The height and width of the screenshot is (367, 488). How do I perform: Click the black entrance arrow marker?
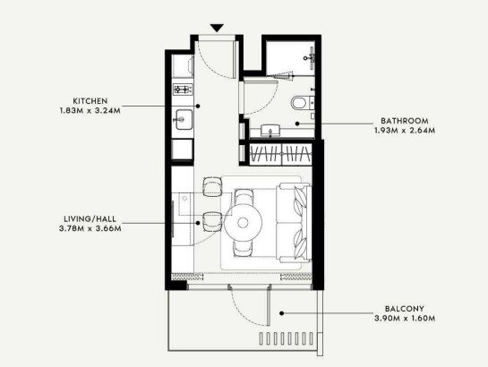pyautogui.click(x=217, y=28)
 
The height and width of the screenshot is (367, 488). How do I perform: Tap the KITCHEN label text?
pyautogui.click(x=90, y=101)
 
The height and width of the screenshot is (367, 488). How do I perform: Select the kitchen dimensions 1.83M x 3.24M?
pyautogui.click(x=90, y=111)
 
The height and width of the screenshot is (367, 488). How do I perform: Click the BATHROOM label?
pyautogui.click(x=405, y=121)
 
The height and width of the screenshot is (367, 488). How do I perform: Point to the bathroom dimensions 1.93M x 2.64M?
pyautogui.click(x=405, y=131)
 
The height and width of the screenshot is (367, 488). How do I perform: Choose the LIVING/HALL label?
pyautogui.click(x=90, y=218)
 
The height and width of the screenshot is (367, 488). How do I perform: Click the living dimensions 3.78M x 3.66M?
pyautogui.click(x=90, y=228)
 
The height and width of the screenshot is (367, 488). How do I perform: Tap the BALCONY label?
pyautogui.click(x=405, y=309)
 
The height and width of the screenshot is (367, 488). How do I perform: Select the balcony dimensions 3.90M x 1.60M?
pyautogui.click(x=405, y=319)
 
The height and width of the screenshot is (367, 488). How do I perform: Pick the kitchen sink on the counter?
pyautogui.click(x=184, y=119)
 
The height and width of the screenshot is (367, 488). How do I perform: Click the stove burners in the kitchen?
pyautogui.click(x=183, y=90)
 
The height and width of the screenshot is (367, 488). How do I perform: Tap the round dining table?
pyautogui.click(x=243, y=223)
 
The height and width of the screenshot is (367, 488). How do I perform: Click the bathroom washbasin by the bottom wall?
pyautogui.click(x=270, y=131)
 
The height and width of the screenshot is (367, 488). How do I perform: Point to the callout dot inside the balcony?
pyautogui.click(x=281, y=313)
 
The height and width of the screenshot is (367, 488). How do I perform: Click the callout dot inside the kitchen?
pyautogui.click(x=198, y=106)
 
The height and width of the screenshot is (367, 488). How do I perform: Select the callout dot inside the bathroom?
pyautogui.click(x=297, y=124)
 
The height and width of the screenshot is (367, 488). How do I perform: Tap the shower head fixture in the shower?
pyautogui.click(x=310, y=57)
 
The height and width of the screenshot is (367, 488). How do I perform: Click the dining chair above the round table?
pyautogui.click(x=244, y=197)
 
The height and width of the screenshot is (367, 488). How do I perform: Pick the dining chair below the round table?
pyautogui.click(x=243, y=249)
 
